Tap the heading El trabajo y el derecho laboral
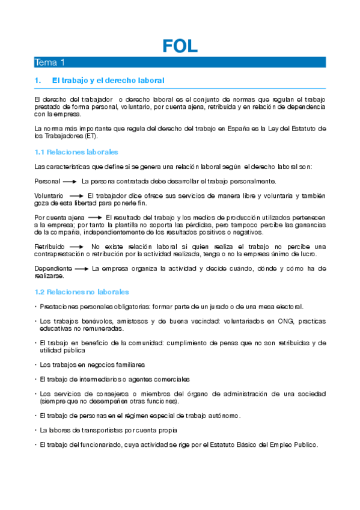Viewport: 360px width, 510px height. [108, 80]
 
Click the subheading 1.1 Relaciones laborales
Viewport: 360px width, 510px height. [76, 152]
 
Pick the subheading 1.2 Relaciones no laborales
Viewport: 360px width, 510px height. [81, 292]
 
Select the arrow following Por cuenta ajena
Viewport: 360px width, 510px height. [94, 217]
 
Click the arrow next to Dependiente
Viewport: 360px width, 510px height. [83, 268]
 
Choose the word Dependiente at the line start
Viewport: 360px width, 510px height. [53, 268]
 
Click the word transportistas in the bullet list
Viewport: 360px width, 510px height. [98, 430]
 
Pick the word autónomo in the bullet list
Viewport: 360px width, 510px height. [228, 416]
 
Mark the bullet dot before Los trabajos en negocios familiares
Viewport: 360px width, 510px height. [35, 364]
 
